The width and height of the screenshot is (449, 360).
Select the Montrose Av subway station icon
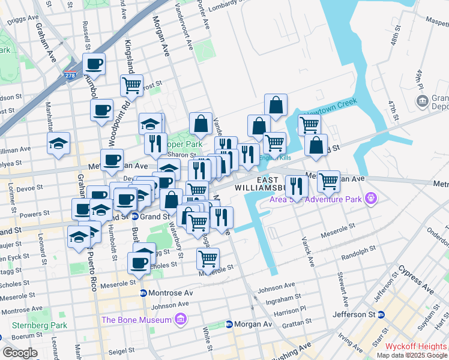[143, 293]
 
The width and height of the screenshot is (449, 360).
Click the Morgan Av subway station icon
[229, 325]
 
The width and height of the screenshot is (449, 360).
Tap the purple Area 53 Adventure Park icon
[372, 196]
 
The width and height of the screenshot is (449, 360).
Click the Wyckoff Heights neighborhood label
[416, 346]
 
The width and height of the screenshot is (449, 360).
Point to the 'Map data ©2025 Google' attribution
[412, 355]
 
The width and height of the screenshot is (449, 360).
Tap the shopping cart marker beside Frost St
[131, 84]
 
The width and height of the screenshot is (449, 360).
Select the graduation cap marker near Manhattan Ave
[59, 142]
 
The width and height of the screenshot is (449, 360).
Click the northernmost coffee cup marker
[94, 62]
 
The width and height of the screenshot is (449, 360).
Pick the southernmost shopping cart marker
[208, 258]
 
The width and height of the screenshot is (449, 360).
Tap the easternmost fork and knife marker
[296, 185]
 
